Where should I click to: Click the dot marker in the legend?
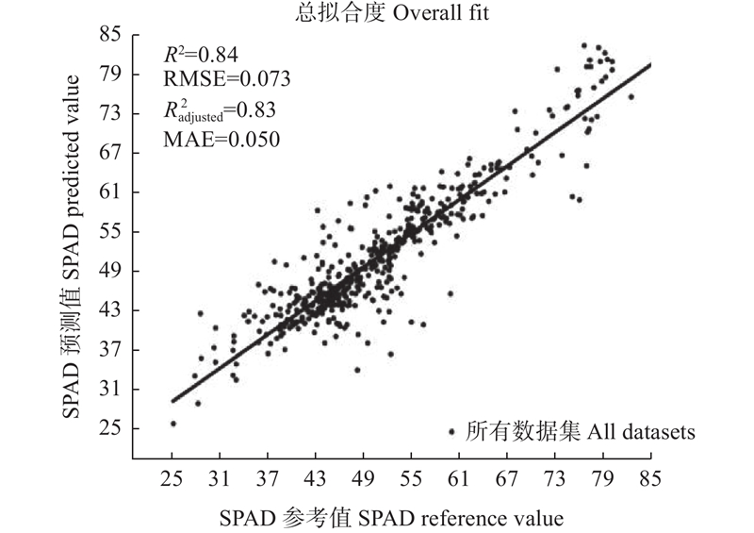coord(451,432)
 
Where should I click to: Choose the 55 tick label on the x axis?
coord(411,479)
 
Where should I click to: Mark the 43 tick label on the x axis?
coord(316,479)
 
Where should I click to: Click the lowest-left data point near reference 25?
coord(173,424)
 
